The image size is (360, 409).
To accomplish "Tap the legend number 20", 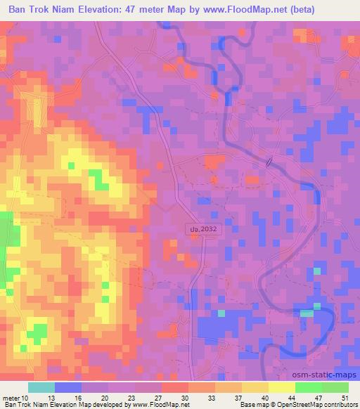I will [105, 398].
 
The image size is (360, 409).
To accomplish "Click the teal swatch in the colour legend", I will [41, 387].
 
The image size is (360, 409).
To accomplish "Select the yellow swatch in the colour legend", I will [282, 387].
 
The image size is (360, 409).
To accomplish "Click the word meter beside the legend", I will [11, 398].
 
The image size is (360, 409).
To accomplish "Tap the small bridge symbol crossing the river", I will [269, 162].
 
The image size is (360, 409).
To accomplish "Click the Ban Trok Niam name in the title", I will [38, 9].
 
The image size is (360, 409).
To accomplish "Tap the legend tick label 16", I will [79, 398].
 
